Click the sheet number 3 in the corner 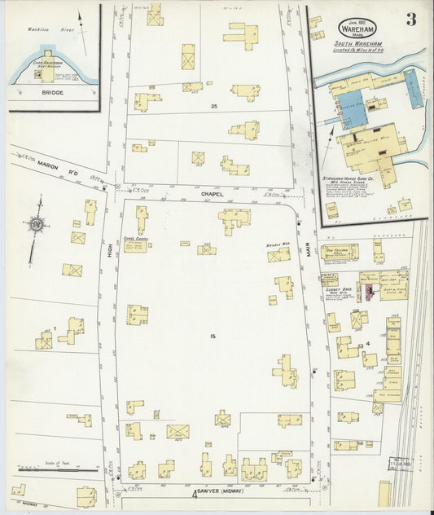[x=411, y=20]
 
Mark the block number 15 [x=213, y=337]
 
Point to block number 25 [x=214, y=107]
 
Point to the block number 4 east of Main [x=367, y=343]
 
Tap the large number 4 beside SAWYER [x=195, y=494]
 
